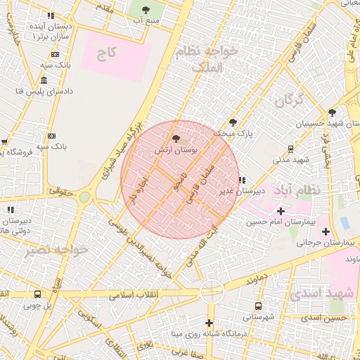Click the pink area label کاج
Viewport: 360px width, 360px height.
[x=107, y=54]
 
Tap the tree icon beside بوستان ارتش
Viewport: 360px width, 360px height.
[x=175, y=139]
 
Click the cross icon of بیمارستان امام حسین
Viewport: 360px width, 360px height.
[x=281, y=211]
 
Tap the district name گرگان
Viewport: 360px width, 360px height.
[x=289, y=101]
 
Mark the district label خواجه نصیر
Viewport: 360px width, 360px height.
[x=56, y=250]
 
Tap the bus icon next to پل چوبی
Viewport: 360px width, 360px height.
[x=37, y=294]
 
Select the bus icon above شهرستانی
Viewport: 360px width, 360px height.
[x=258, y=306]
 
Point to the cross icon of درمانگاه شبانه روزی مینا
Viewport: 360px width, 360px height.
[x=209, y=323]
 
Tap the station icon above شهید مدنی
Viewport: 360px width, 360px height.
[x=290, y=148]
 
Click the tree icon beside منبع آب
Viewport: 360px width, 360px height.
[x=146, y=9]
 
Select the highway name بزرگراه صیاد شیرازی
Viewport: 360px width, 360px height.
[x=127, y=148]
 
